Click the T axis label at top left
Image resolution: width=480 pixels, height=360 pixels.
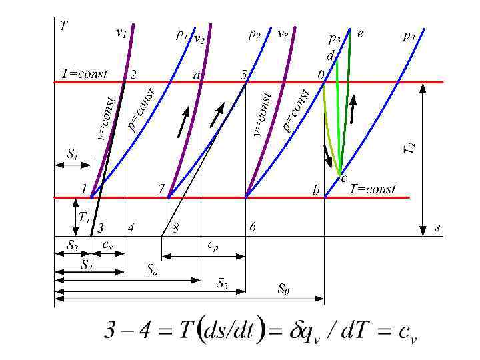[x=63, y=26]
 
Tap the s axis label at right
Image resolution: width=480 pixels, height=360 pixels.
[x=437, y=227]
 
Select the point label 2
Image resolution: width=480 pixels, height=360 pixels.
[x=133, y=75]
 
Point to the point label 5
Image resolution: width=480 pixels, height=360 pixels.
[x=244, y=75]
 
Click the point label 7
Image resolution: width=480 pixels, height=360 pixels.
[x=161, y=189]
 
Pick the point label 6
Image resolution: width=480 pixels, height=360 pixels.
[x=253, y=227]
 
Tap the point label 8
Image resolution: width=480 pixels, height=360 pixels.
[x=175, y=229]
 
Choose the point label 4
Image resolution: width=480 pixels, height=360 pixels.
[x=131, y=229]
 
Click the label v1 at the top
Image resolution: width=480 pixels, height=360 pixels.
[x=121, y=31]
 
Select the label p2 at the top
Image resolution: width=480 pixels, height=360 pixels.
[x=254, y=33]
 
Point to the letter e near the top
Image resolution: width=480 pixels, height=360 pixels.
[x=361, y=33]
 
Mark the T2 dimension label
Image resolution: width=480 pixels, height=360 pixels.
[x=411, y=148]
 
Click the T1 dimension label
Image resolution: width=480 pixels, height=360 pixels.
[x=83, y=217]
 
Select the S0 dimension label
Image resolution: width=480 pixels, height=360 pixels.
[x=283, y=288]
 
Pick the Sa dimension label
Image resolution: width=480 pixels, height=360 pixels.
[x=153, y=270]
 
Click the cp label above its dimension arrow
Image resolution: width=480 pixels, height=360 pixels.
[x=211, y=245]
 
